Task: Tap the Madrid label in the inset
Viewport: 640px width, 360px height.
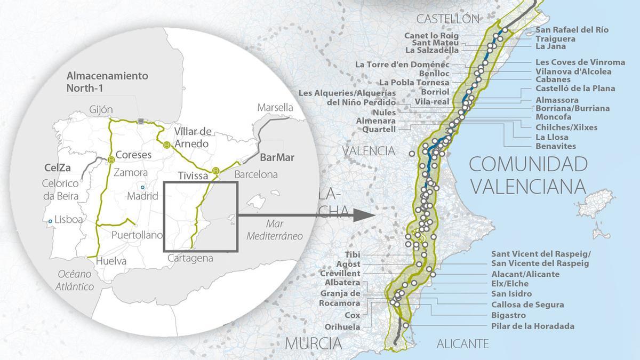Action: [x=142, y=196]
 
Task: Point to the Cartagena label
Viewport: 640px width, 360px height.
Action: [x=190, y=258]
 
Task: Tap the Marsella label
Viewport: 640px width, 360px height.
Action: [x=275, y=107]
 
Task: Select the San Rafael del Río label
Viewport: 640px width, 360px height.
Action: [x=572, y=30]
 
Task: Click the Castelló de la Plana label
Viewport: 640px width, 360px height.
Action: [x=575, y=89]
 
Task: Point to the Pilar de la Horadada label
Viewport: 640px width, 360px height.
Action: [x=533, y=326]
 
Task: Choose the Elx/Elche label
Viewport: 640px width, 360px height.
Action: [x=510, y=284]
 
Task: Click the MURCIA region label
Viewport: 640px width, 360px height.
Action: [x=313, y=343]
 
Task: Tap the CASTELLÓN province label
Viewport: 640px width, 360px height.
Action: [x=447, y=19]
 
